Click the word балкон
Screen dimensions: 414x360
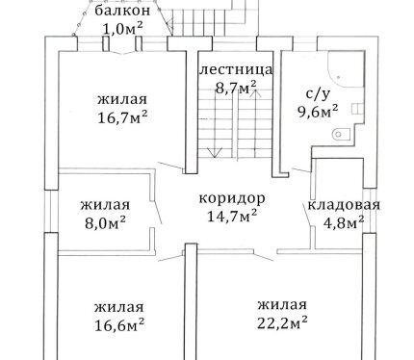122,11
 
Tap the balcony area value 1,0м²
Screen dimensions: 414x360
122,29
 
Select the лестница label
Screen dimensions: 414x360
236,70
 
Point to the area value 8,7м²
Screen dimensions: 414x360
236,88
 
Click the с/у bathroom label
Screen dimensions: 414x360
318,93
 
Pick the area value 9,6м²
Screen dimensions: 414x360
318,112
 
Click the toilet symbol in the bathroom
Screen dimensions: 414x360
340,134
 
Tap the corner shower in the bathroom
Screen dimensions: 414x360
346,69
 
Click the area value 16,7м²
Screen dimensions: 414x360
122,117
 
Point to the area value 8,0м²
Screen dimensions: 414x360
105,222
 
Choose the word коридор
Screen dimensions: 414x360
232,199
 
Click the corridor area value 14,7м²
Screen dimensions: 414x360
232,216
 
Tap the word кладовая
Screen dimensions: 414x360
344,205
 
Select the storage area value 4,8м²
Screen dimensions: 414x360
344,222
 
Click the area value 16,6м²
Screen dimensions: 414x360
119,325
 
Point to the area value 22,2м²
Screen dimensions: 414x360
282,322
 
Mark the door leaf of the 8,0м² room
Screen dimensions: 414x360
158,213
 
